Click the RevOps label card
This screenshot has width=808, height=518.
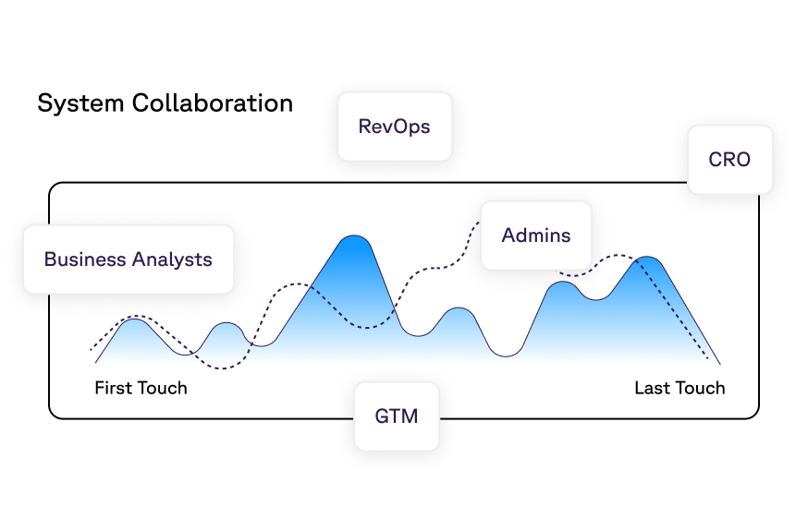coord(395,126)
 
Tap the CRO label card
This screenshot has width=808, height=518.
coord(729,160)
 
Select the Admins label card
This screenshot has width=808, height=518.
coord(535,235)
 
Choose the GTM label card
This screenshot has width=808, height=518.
coord(397,416)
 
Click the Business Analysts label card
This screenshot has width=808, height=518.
coord(128,259)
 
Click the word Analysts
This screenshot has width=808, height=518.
coord(172,259)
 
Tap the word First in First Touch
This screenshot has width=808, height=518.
coord(112,388)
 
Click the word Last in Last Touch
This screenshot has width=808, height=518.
coord(651,388)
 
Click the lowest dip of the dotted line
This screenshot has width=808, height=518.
coord(222,369)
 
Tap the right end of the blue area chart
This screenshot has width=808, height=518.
coord(719,363)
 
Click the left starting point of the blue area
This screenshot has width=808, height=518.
coord(96,362)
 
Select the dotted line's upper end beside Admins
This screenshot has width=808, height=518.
coord(480,222)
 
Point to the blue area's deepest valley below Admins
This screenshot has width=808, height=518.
coord(507,355)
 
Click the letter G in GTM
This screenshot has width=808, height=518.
coord(382,416)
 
